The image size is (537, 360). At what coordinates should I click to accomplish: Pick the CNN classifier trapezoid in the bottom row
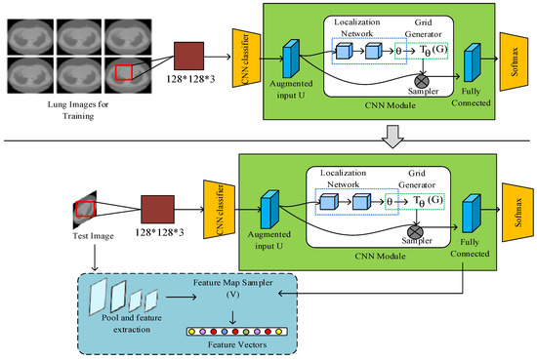click(x=218, y=214)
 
